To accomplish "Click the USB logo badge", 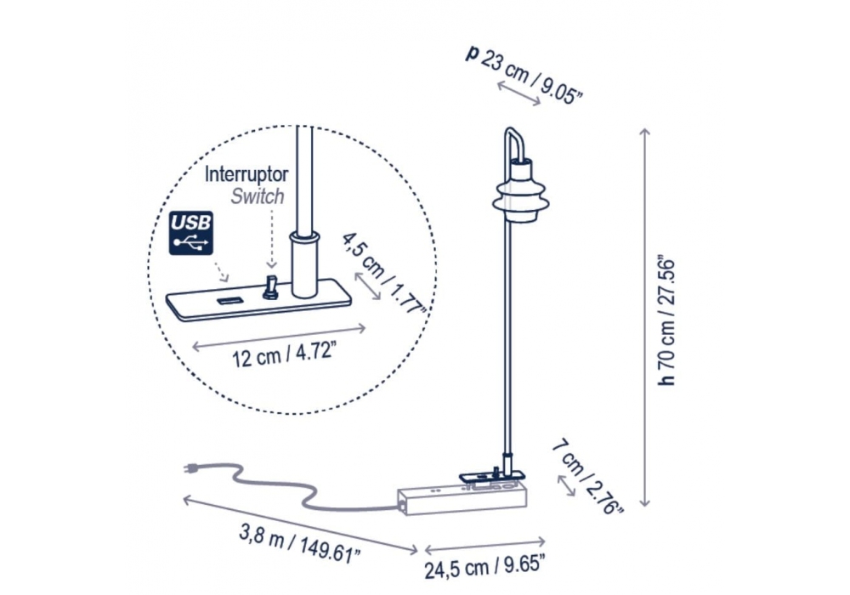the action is [x=190, y=233].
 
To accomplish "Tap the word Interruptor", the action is [x=246, y=174].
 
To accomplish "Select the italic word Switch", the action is [x=258, y=196].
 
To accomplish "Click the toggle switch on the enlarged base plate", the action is [x=269, y=287].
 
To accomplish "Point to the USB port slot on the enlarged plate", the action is [x=230, y=300].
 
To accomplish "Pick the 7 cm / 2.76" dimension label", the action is [x=588, y=478].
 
